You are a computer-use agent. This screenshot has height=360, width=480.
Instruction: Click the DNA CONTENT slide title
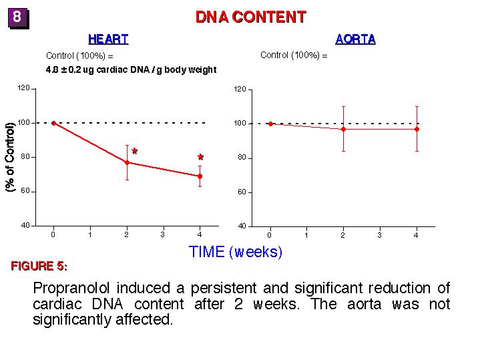(250, 17)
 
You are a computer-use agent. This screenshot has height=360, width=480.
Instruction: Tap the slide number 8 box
(18, 18)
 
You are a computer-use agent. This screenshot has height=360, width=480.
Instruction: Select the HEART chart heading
(108, 39)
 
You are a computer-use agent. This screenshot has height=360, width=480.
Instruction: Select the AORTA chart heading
(355, 39)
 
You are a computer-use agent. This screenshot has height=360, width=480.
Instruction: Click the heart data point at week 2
(127, 162)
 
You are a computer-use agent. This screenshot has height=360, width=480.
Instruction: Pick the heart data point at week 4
(200, 176)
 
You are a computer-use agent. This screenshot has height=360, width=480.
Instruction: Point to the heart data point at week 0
(53, 123)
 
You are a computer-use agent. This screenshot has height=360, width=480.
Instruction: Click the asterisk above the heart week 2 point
(134, 152)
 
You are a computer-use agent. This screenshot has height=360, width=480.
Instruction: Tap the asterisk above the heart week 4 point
(200, 158)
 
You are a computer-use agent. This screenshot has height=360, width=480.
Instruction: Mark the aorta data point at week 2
(343, 129)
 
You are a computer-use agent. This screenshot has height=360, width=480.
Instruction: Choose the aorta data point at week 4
(417, 129)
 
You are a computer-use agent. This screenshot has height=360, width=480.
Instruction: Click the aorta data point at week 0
(270, 124)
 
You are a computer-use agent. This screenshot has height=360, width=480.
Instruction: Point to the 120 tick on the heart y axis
(24, 88)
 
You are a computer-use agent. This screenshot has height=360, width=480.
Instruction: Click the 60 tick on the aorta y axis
(241, 192)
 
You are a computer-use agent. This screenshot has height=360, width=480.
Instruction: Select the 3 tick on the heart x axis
(163, 234)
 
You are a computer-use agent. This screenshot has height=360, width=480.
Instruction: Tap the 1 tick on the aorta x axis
(306, 235)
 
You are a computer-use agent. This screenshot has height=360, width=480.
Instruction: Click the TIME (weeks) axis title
(236, 252)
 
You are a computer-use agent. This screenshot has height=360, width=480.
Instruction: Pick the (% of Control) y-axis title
(11, 158)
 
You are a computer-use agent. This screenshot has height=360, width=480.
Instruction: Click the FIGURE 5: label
(39, 266)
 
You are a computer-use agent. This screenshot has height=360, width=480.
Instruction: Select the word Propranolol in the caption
(72, 289)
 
